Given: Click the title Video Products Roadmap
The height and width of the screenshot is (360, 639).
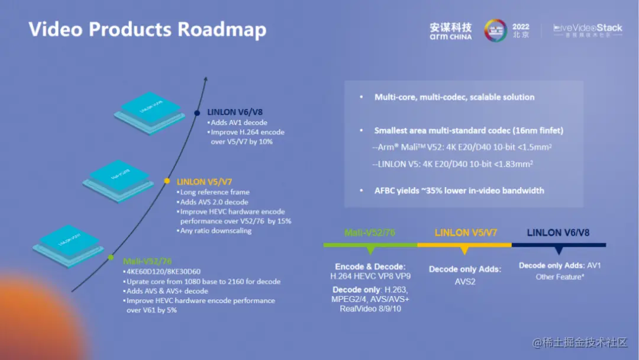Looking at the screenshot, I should (147, 29).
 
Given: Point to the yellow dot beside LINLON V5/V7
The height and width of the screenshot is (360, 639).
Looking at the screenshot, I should (167, 181).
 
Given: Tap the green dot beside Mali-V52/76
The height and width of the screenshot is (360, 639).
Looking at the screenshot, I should (111, 258).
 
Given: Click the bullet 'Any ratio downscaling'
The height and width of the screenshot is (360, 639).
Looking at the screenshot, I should (216, 230).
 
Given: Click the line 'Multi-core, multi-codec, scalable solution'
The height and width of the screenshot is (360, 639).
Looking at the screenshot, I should (454, 97).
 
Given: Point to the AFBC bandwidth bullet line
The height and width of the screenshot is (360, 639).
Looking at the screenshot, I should (459, 190).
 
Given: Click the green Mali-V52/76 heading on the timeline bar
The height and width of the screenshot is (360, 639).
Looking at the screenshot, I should (370, 233).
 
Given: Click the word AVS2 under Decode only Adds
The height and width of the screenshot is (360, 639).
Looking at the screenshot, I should (464, 282).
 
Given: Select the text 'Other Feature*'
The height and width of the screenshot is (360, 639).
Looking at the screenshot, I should (559, 277).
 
